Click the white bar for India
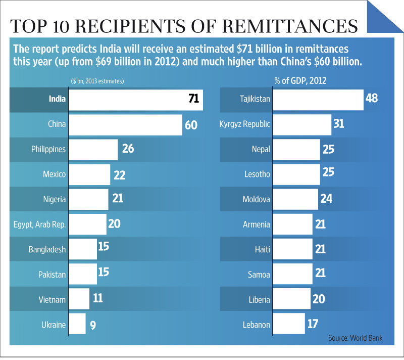[x=135, y=99]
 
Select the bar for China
[x=125, y=124]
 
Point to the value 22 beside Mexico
[x=119, y=175]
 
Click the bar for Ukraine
[x=77, y=324]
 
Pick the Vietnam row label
[x=52, y=299]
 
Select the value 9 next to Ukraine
[x=93, y=324]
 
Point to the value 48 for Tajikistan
[x=372, y=98]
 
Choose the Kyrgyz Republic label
[x=244, y=124]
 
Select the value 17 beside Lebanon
[x=313, y=324]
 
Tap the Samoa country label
[x=259, y=275]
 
